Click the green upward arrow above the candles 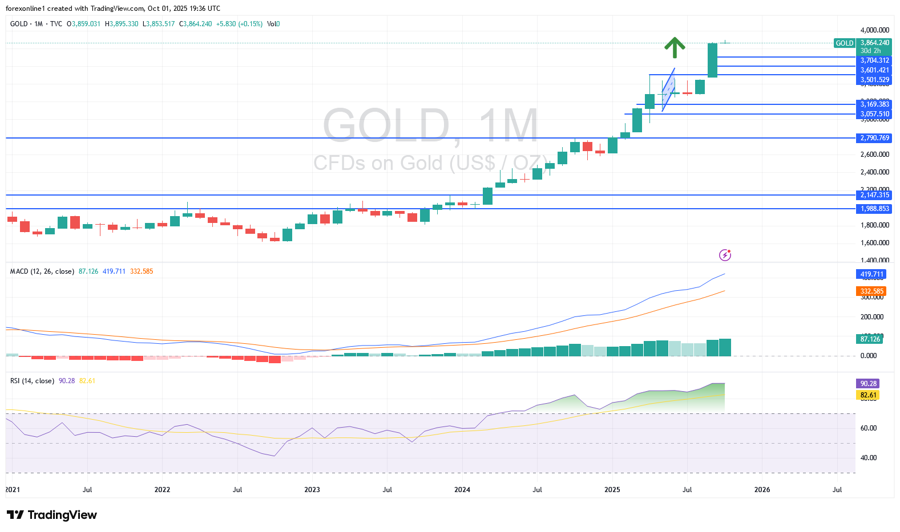(x=675, y=47)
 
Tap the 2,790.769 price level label (x=874, y=138)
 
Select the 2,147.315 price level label (x=874, y=195)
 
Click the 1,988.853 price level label (x=874, y=209)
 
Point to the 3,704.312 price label (x=874, y=60)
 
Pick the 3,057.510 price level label (x=874, y=114)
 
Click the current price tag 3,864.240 (x=874, y=43)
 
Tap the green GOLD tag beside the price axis (x=844, y=43)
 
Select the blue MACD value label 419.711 (x=871, y=274)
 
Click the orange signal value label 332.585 (x=871, y=291)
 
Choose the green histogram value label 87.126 (x=870, y=339)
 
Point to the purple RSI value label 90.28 (x=868, y=384)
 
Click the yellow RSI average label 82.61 (x=868, y=395)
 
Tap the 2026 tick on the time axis (x=762, y=490)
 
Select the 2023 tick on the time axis (x=312, y=490)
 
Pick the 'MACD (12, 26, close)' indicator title (x=42, y=271)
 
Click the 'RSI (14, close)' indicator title (x=32, y=381)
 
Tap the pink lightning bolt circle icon (x=725, y=255)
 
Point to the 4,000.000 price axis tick (x=874, y=30)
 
